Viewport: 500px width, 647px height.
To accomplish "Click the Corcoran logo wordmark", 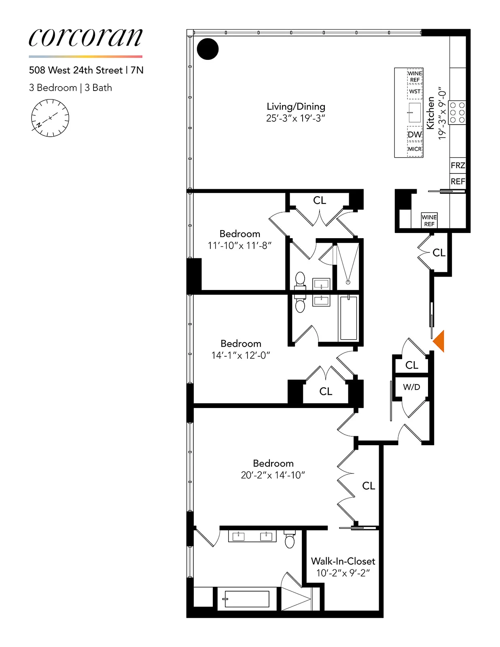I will [x=85, y=37].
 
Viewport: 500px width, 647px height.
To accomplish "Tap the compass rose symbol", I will [x=50, y=118].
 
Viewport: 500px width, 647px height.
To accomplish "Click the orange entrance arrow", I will [x=439, y=341].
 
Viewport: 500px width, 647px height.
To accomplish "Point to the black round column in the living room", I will [x=208, y=49].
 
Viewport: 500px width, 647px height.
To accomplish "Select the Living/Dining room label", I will [x=296, y=106].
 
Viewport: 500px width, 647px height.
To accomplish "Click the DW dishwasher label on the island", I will [x=414, y=135].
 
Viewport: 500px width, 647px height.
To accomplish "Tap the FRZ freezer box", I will [x=458, y=165].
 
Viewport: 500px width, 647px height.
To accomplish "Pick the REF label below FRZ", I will [x=458, y=182].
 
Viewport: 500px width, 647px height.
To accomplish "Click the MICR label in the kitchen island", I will [x=415, y=149].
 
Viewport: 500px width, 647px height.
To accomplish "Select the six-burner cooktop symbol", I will [x=457, y=112].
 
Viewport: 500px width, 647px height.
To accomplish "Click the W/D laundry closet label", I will [x=411, y=387].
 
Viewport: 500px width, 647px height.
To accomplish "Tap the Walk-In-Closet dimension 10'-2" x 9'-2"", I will [x=343, y=573].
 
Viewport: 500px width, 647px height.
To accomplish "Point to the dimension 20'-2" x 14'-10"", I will [x=273, y=475].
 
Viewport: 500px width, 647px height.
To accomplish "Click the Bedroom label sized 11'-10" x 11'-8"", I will [x=239, y=234].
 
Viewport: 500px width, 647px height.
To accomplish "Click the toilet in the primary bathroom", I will [x=290, y=539].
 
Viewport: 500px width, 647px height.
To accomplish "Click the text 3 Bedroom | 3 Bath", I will [x=70, y=88].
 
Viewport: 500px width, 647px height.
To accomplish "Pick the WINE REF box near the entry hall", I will [x=429, y=220].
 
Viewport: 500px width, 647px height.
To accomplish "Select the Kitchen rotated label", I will [x=430, y=113].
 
